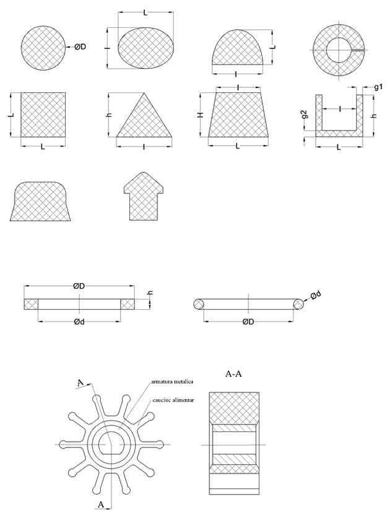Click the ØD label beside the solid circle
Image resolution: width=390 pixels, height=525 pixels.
(x=80, y=47)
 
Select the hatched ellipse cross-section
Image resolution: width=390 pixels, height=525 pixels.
(x=146, y=48)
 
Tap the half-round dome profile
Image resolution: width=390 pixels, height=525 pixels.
(x=238, y=47)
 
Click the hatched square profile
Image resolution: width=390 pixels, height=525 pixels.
(x=43, y=115)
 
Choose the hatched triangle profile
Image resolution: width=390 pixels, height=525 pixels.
(x=144, y=115)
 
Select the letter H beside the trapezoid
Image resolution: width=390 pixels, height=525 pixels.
(x=201, y=115)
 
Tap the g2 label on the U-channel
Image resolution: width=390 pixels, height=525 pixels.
(x=305, y=115)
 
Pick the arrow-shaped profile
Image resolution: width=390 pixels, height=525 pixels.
(x=144, y=196)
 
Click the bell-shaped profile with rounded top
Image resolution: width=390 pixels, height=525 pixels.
(x=40, y=201)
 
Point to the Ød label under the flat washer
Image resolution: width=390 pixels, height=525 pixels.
(x=79, y=322)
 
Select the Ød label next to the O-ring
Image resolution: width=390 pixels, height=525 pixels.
(x=316, y=295)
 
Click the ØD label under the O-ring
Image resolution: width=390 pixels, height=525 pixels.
(x=248, y=322)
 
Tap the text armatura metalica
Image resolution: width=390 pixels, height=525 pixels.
(x=172, y=381)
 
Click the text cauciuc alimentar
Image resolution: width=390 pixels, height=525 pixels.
(x=173, y=400)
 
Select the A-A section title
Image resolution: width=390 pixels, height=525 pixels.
(x=233, y=374)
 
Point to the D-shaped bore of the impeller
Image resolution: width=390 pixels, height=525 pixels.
(x=111, y=444)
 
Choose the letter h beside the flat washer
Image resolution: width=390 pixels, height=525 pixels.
(x=151, y=293)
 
